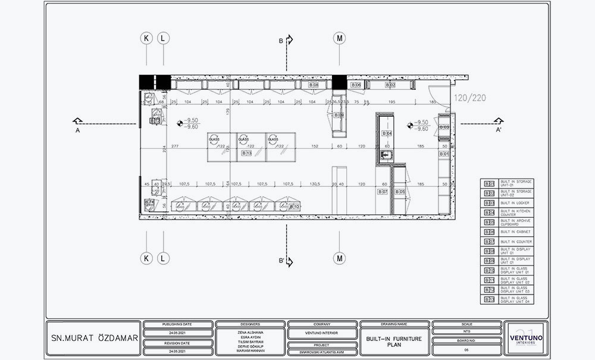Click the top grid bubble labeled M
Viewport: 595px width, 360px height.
click(339, 38)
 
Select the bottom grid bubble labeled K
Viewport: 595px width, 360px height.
click(146, 258)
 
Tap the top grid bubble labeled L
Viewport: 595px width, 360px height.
click(164, 38)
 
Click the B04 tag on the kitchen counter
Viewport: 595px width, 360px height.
click(386, 133)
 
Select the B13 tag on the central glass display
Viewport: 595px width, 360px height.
click(246, 154)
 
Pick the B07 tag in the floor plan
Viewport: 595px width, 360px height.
click(382, 192)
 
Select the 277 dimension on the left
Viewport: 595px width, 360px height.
click(174, 146)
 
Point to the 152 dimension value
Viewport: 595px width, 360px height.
click(314, 146)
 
